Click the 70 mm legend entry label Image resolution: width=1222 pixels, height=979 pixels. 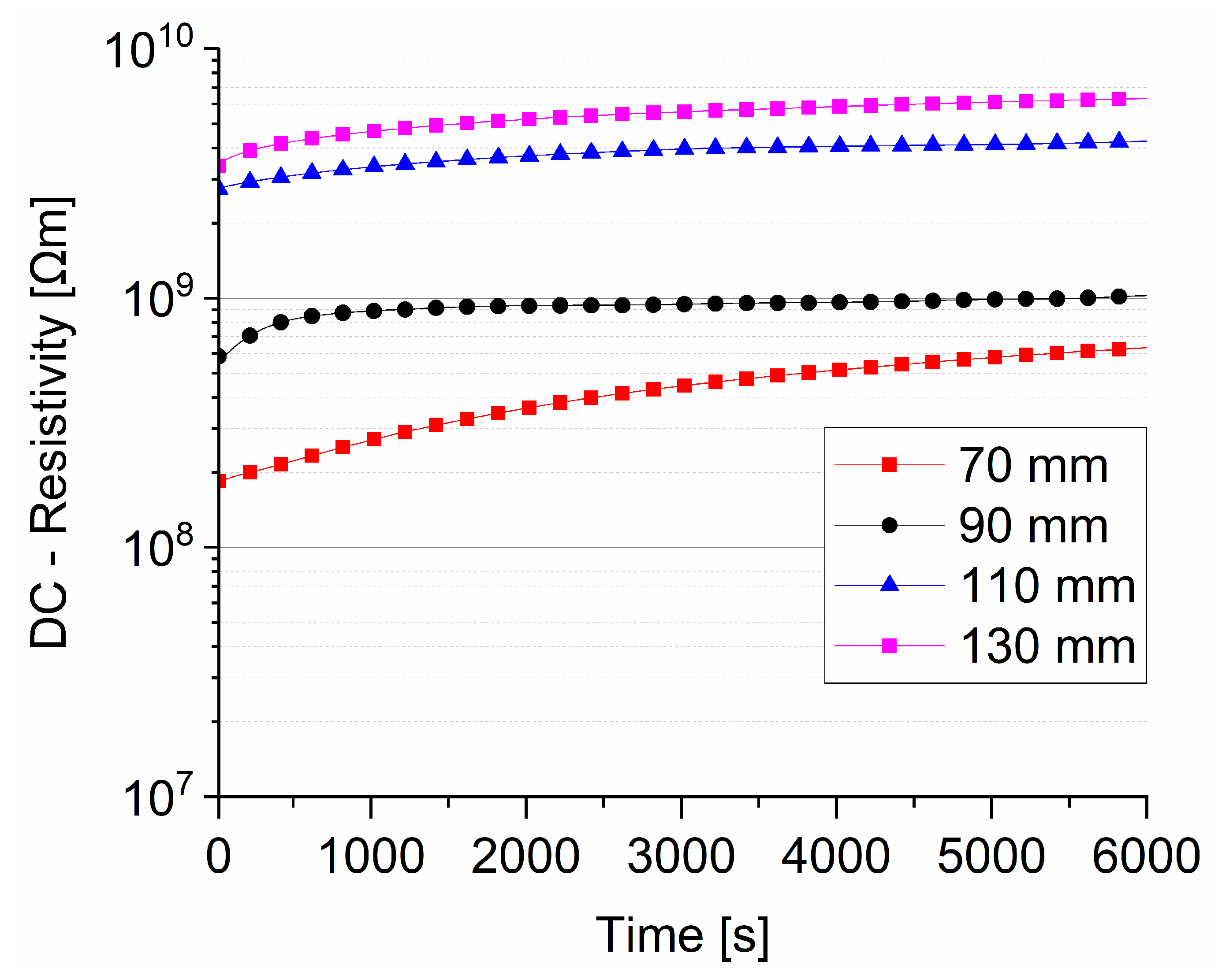pos(1033,466)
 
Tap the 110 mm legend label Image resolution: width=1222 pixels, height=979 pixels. pos(1047,586)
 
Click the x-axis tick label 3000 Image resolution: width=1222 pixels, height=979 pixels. pos(681,856)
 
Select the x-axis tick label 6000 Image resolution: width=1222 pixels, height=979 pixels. pos(1145,856)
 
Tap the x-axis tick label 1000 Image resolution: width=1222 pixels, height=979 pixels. pos(371,856)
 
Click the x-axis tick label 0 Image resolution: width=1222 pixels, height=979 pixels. pos(218,856)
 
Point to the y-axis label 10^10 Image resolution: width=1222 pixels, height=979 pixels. pos(149,50)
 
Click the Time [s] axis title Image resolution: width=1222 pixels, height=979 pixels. pos(682,936)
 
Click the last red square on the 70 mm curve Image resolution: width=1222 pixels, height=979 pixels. pos(1118,349)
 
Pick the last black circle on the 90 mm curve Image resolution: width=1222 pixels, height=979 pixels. pos(1118,297)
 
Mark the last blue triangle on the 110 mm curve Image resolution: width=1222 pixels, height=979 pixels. pos(1118,141)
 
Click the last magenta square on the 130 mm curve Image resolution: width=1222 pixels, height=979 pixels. pos(1118,100)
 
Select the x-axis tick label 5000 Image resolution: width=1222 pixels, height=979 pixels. pos(991,856)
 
